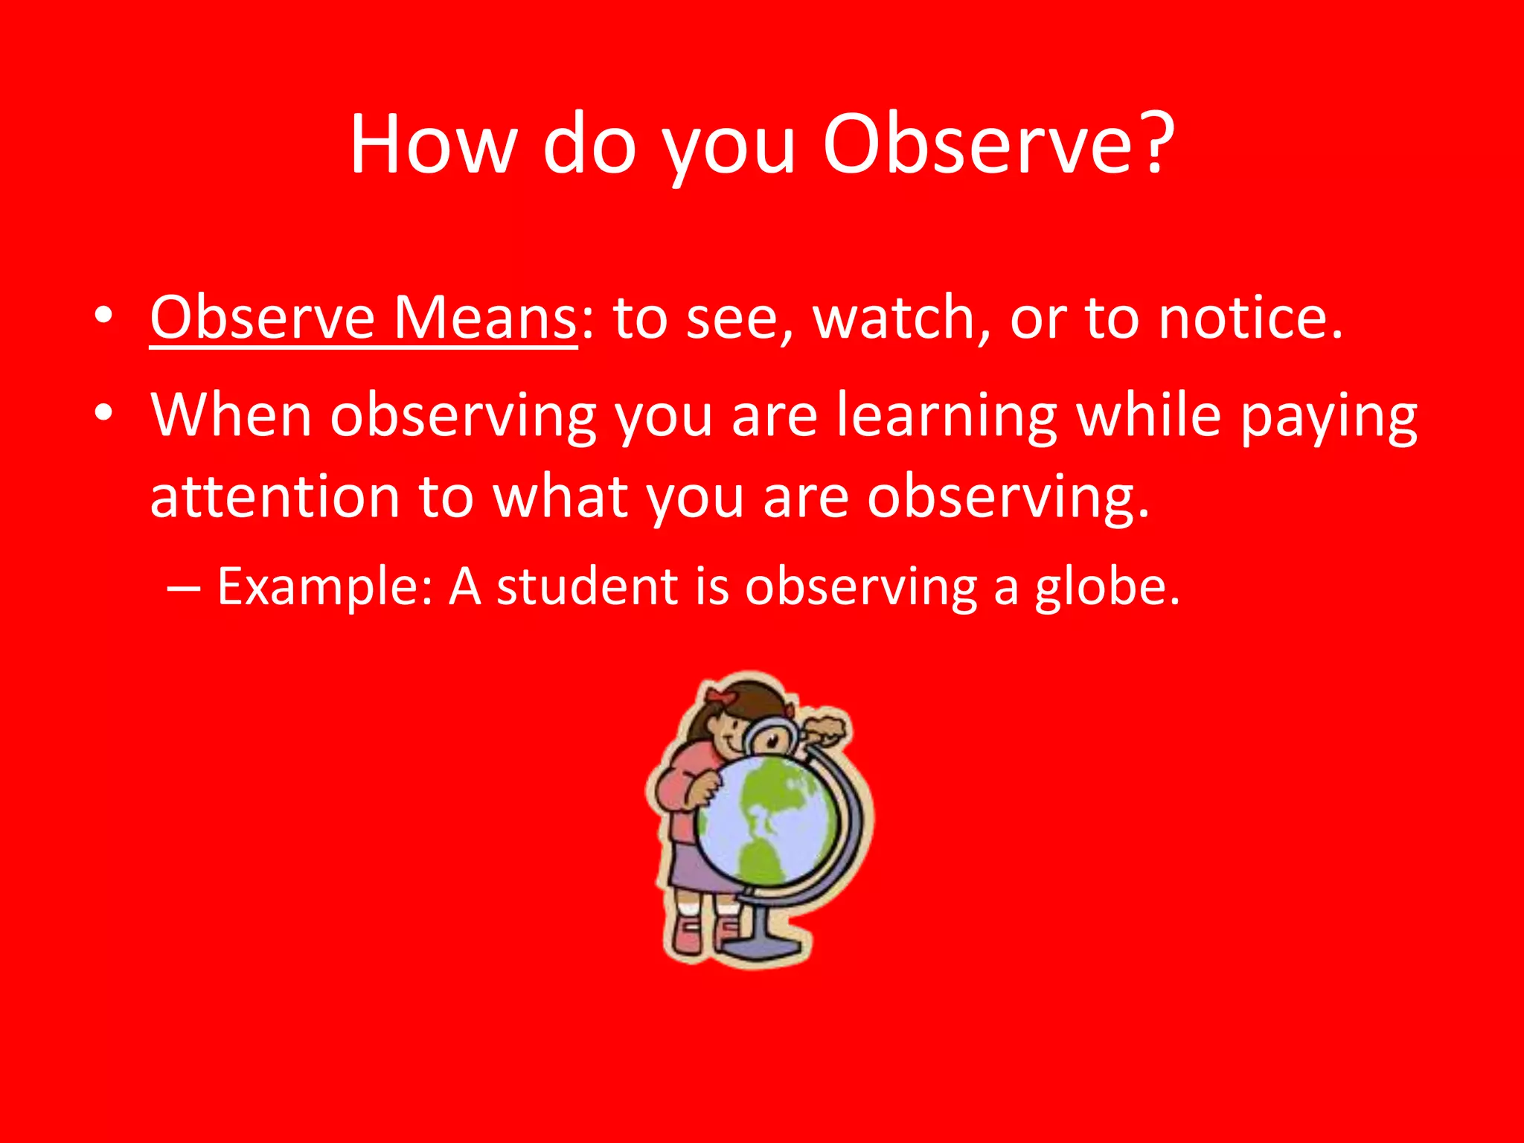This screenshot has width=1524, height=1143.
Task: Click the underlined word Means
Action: pos(484,318)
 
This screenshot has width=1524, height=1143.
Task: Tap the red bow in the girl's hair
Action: pos(720,697)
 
